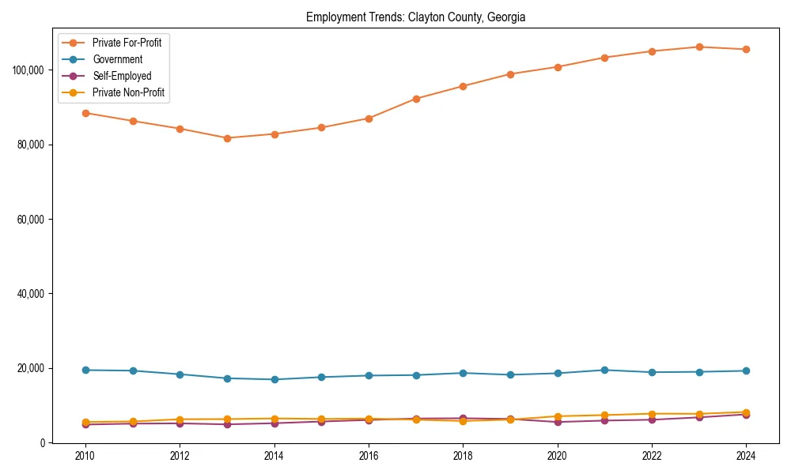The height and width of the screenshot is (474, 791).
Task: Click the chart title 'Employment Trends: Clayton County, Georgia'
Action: click(415, 17)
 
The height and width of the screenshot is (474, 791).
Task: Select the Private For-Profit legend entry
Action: click(127, 43)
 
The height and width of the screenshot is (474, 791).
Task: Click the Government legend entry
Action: click(117, 59)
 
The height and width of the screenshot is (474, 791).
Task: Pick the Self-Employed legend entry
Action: click(121, 76)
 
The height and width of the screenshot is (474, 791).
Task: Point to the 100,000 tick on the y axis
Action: click(28, 70)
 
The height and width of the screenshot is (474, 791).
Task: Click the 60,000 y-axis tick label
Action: click(31, 220)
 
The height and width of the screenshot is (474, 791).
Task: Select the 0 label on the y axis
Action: click(44, 443)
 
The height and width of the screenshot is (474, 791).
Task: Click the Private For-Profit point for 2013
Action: click(227, 138)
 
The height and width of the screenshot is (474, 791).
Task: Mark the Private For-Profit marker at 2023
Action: click(699, 47)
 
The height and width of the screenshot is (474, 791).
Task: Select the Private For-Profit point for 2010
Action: click(85, 113)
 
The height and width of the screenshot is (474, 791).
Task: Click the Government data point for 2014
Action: click(274, 379)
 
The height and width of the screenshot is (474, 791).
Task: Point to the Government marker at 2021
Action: click(604, 370)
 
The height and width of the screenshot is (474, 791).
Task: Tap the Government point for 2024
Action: click(746, 371)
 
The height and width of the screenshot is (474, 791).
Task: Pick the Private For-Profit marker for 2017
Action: click(416, 99)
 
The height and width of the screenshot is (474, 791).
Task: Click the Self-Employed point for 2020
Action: click(558, 422)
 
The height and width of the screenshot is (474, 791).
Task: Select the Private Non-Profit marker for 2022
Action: click(652, 414)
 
